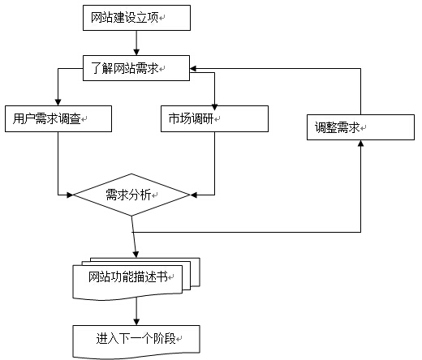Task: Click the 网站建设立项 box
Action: coord(136,18)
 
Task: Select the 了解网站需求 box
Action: coord(136,68)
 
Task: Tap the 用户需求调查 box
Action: coord(58,118)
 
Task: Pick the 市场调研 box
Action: coord(214,118)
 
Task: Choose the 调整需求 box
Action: coord(360,127)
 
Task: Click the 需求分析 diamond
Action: coord(131,195)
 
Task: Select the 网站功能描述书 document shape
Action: coord(136,279)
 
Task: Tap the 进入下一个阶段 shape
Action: coord(136,342)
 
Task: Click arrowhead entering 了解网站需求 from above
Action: coord(136,53)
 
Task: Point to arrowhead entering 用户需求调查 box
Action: coord(58,102)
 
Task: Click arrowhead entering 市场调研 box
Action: coord(214,107)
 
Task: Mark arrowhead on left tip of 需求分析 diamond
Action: coord(70,195)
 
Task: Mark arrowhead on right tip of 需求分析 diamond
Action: coord(194,195)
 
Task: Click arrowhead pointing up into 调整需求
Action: coord(360,144)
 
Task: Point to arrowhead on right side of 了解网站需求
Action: coord(193,68)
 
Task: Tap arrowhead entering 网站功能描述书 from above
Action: coord(136,255)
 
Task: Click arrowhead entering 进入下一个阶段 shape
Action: coord(136,322)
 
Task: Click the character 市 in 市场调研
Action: coord(174,118)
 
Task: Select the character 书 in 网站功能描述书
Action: coord(162,276)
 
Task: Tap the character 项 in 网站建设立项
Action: coord(153,18)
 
